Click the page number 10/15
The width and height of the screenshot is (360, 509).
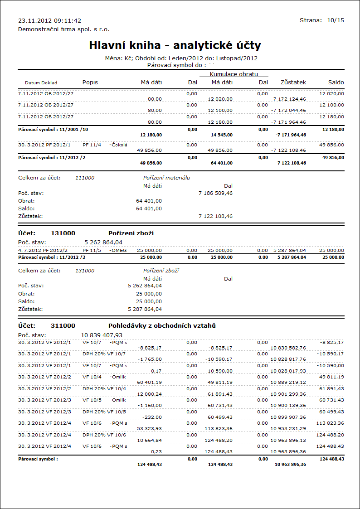tap(335, 20)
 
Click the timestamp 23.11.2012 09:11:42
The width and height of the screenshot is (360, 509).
tap(49, 20)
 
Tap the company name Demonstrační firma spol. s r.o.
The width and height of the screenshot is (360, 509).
tap(64, 29)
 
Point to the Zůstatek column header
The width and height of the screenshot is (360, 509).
tap(293, 82)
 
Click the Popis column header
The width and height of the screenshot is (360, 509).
tap(90, 82)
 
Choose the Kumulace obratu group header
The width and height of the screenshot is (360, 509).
tap(234, 74)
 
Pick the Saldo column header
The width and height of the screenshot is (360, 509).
tap(336, 82)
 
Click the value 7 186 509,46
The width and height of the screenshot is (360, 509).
tap(215, 193)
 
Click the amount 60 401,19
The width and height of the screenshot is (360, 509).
tap(149, 382)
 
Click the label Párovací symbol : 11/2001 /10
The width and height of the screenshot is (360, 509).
tap(53, 129)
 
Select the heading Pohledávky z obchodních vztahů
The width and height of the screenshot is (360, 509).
tap(162, 325)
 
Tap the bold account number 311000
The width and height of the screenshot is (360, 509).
tap(63, 325)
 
